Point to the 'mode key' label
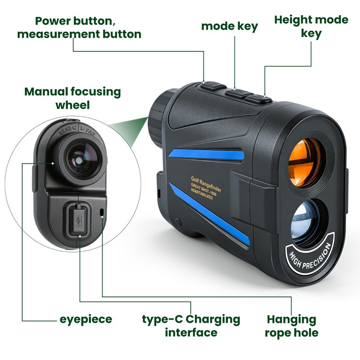[229, 26]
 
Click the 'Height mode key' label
[311, 26]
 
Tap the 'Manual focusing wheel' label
[72, 98]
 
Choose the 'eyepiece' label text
[86, 319]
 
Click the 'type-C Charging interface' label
[191, 325]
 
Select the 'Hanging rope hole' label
[292, 325]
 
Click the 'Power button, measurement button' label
[79, 27]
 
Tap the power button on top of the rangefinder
[213, 86]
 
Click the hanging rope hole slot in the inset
[102, 212]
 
